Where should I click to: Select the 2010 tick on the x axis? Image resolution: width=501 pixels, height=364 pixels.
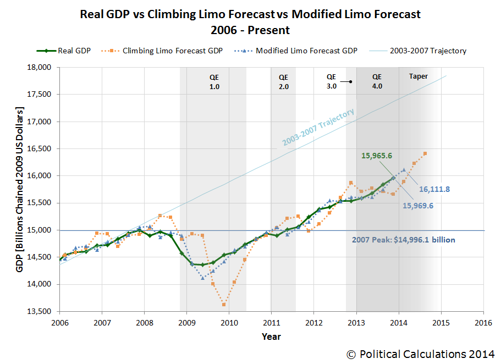(229, 322)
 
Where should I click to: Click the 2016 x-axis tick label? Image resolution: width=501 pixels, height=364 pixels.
(482, 322)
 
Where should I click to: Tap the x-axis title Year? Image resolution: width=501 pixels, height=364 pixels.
(271, 337)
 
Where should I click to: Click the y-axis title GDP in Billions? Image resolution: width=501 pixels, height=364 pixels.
(23, 189)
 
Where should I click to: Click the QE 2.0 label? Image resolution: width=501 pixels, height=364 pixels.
(283, 81)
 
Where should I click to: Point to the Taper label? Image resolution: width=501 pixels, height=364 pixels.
(418, 77)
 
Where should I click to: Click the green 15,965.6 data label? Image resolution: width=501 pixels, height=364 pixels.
(377, 156)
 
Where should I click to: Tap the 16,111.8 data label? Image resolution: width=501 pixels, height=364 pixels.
(434, 189)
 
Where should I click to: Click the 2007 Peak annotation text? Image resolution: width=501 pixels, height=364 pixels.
(403, 240)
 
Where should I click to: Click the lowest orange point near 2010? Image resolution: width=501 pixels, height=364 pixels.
(224, 304)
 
